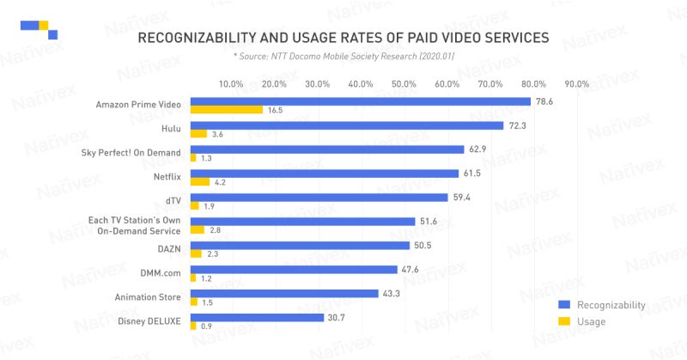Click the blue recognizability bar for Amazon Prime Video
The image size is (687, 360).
pyautogui.click(x=360, y=101)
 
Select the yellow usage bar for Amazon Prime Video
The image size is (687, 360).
pyautogui.click(x=226, y=110)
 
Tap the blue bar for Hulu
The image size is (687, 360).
pyautogui.click(x=346, y=125)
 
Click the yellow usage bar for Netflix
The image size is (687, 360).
pyautogui.click(x=199, y=181)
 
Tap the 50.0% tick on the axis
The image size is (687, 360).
pyautogui.click(x=404, y=84)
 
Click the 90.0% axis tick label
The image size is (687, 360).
pyautogui.click(x=576, y=84)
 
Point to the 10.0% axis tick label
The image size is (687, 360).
pyautogui.click(x=231, y=84)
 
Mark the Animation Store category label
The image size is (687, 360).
pyautogui.click(x=146, y=296)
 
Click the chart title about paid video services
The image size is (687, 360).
pyautogui.click(x=343, y=39)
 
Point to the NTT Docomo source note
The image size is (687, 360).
pyautogui.click(x=343, y=56)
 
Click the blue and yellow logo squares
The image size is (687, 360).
pyautogui.click(x=40, y=28)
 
